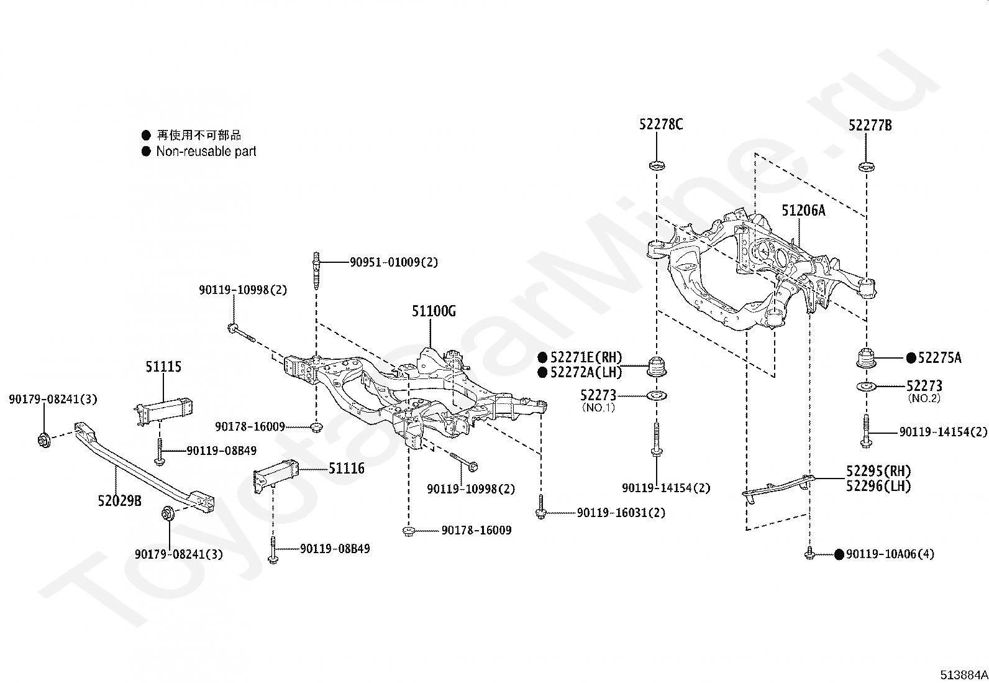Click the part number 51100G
[x=434, y=311]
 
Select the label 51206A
[x=803, y=210]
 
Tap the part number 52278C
[x=661, y=124]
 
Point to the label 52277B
[x=870, y=125]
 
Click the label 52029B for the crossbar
[x=120, y=500]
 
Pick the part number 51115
[x=163, y=366]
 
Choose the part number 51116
[x=347, y=468]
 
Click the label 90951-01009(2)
[x=394, y=262]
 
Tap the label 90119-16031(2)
[x=621, y=513]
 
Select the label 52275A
[x=939, y=357]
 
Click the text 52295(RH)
[x=878, y=471]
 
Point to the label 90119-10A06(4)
[x=890, y=554]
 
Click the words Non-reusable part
[x=206, y=151]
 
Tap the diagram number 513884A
[x=964, y=675]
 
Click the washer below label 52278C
[x=657, y=166]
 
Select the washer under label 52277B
[x=866, y=167]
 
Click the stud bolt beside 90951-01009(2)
[x=316, y=270]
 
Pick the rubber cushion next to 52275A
[x=867, y=359]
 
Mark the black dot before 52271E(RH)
[x=542, y=357]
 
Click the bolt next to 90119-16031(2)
[x=541, y=507]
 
